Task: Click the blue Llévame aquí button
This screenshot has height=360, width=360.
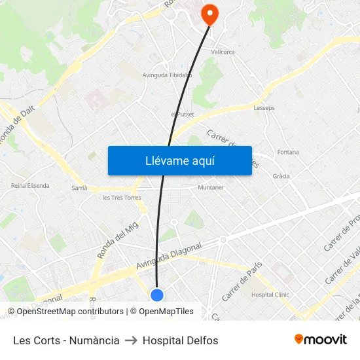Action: click(x=179, y=160)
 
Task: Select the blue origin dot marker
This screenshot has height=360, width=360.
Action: click(x=157, y=295)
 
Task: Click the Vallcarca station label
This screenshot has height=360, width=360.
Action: click(x=223, y=52)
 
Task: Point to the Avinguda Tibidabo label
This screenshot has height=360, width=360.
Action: click(x=167, y=75)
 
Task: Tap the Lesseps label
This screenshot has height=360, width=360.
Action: click(x=264, y=108)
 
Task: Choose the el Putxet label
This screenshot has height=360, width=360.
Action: click(x=183, y=114)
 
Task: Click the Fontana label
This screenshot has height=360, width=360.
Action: click(x=288, y=153)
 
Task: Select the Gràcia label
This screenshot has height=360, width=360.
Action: click(x=281, y=176)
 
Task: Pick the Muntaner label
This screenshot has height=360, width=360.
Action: click(x=211, y=187)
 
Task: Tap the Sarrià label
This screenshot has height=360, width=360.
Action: click(x=79, y=187)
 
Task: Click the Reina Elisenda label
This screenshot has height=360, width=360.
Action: click(x=30, y=185)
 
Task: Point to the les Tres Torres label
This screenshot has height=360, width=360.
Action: click(x=122, y=198)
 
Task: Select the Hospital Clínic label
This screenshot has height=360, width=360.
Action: click(x=270, y=295)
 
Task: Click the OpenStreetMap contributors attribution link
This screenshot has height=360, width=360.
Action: click(x=66, y=312)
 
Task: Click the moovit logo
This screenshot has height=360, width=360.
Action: click(x=320, y=340)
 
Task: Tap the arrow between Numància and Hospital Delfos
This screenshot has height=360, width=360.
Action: click(x=131, y=340)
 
